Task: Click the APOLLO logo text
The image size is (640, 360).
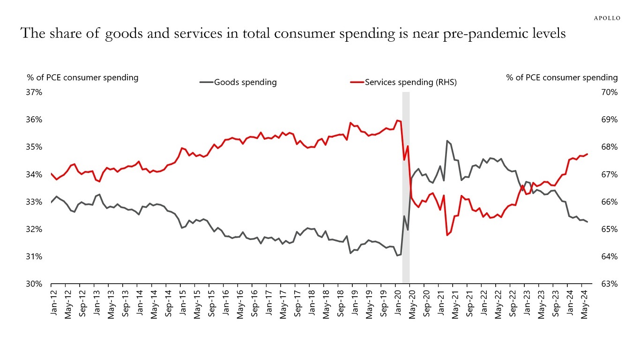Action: pyautogui.click(x=607, y=18)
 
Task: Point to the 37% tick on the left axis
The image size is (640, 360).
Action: pyautogui.click(x=35, y=92)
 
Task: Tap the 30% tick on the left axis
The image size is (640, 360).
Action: pyautogui.click(x=35, y=284)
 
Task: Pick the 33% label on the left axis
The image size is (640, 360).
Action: pyautogui.click(x=35, y=202)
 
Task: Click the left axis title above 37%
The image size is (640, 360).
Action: pyautogui.click(x=83, y=77)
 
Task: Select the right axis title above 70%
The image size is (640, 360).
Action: pyautogui.click(x=562, y=77)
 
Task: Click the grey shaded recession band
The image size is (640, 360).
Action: pyautogui.click(x=406, y=187)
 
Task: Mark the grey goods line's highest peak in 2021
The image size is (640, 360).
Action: pyautogui.click(x=447, y=141)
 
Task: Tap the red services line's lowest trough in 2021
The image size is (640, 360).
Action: pyautogui.click(x=447, y=235)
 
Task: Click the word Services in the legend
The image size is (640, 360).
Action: pyautogui.click(x=380, y=82)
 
